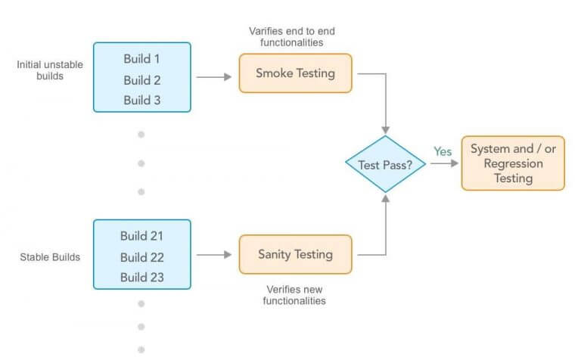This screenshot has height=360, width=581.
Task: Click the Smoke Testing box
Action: [x=295, y=73]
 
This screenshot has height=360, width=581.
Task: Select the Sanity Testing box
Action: [x=295, y=254]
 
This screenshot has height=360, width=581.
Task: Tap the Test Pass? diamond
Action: [x=386, y=163]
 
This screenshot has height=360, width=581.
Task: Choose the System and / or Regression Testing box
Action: [x=513, y=163]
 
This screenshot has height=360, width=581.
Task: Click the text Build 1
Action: [x=142, y=58]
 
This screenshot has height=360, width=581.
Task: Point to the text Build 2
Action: [x=142, y=79]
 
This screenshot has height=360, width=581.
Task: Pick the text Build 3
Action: [x=142, y=100]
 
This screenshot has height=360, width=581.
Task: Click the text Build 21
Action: [x=141, y=236]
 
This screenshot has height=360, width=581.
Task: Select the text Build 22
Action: [x=141, y=257]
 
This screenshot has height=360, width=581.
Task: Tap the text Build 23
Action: [x=141, y=278]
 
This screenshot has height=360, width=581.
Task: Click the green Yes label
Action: [x=443, y=152]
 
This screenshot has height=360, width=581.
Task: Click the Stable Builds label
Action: [x=50, y=257]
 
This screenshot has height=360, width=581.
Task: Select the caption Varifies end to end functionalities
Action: [x=292, y=36]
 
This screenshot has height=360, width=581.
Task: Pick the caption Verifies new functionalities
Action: [x=295, y=295]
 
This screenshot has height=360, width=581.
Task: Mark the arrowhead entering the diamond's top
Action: [x=386, y=130]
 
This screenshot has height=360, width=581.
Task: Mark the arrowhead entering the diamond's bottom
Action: [x=386, y=197]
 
